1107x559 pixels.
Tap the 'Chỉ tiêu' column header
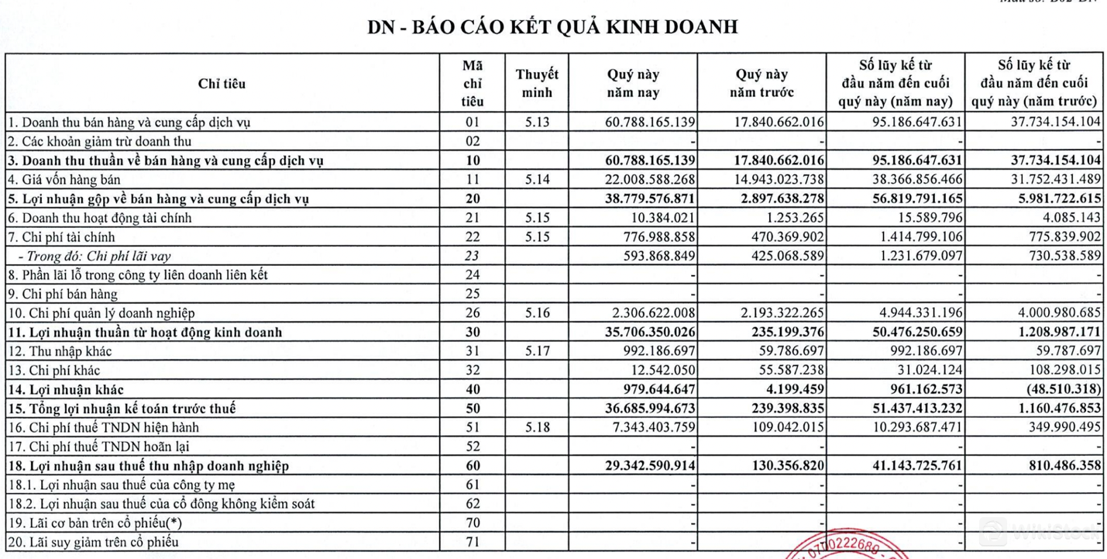click(x=221, y=85)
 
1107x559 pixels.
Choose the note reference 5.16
click(x=537, y=313)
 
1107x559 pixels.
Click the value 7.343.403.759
click(x=648, y=427)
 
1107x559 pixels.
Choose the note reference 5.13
click(x=537, y=122)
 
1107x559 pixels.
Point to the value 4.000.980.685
click(x=1051, y=313)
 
